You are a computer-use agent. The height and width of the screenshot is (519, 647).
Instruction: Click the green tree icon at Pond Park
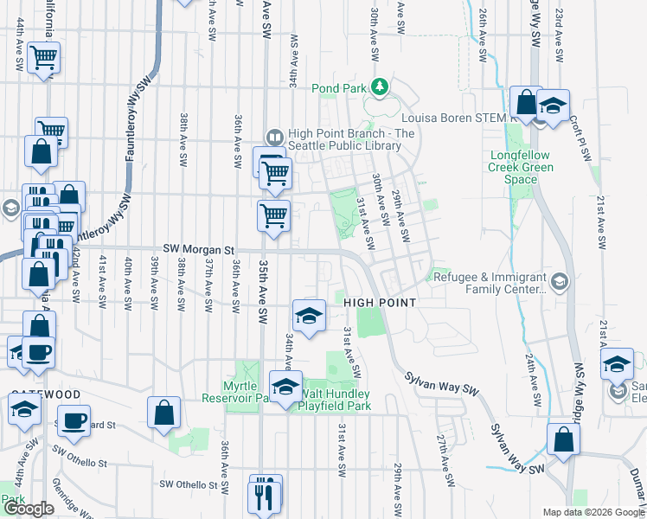point(379,86)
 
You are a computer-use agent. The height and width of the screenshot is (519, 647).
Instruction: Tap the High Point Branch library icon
point(274,137)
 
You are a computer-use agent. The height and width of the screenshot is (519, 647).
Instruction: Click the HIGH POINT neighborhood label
point(380,303)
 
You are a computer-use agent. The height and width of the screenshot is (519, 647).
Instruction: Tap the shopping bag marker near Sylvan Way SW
point(563,439)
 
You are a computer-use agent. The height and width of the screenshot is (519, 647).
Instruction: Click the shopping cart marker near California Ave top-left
point(43,59)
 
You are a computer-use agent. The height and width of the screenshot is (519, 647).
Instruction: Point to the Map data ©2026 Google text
point(593,512)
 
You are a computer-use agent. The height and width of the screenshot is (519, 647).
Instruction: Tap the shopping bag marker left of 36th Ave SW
point(164,413)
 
